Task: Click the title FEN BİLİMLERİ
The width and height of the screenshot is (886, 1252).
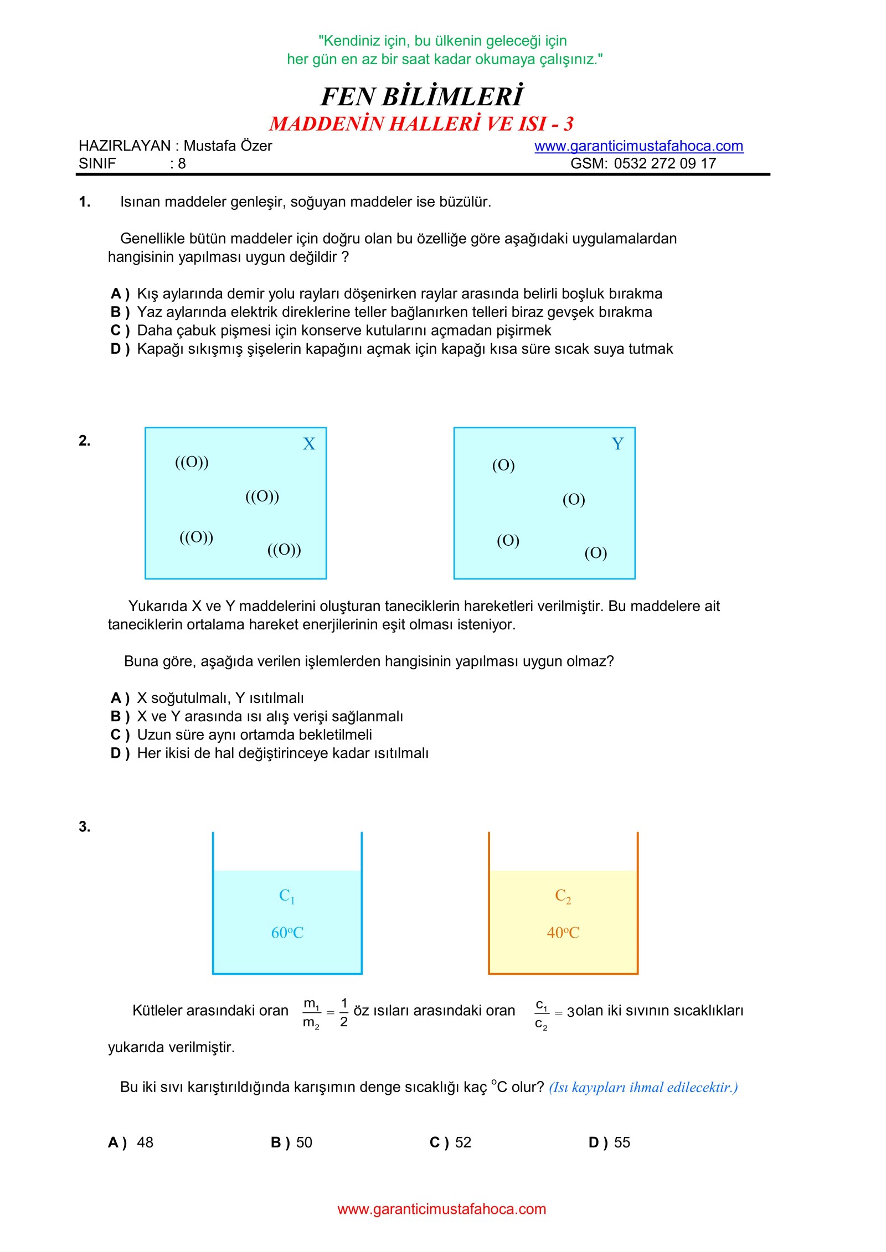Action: point(422,97)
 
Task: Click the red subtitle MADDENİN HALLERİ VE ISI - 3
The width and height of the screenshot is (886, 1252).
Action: point(421,124)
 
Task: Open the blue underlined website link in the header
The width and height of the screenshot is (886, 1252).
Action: point(638,146)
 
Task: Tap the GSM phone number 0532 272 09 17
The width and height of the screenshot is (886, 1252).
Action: point(664,164)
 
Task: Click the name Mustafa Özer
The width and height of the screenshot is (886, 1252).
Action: point(228,146)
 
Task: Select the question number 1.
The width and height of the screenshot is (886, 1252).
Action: point(84,202)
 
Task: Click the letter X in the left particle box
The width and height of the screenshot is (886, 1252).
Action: point(308,444)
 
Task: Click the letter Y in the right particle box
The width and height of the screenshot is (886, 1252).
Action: point(617,444)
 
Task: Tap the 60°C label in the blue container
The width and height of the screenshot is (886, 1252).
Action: point(287,933)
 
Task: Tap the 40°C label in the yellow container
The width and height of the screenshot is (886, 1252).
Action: point(563,933)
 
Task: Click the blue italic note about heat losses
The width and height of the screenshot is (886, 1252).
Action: point(643,1088)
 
